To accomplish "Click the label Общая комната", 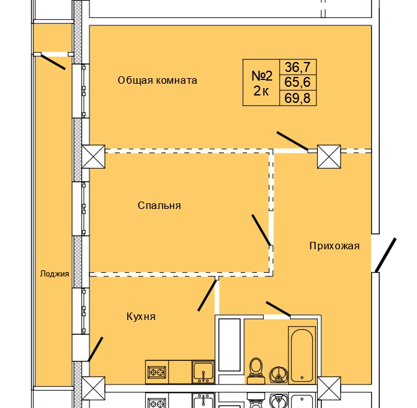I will [158, 80].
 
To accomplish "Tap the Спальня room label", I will [159, 205].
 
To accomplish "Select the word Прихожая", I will [334, 246].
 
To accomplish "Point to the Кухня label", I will [140, 317].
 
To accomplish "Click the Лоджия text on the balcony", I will [54, 273].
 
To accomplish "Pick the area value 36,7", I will [297, 66].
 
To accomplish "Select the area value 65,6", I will [297, 81].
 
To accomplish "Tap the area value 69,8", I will [297, 97].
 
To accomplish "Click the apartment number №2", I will [262, 76].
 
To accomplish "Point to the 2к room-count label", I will [261, 92].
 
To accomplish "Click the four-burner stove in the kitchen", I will [156, 373].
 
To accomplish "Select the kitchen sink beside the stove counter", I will [202, 372].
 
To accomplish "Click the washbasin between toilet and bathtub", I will [279, 372].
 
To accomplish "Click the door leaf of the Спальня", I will [261, 230].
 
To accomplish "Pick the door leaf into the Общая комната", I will [292, 141].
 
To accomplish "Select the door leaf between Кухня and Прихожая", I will [207, 295].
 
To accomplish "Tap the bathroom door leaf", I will [278, 308].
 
